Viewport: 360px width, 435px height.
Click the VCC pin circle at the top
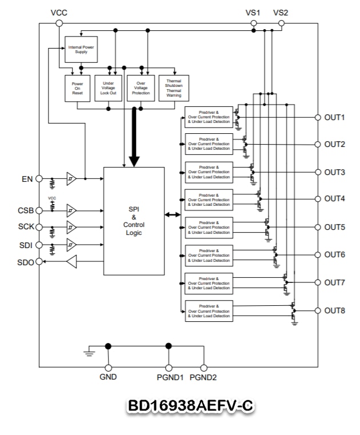(x=59, y=23)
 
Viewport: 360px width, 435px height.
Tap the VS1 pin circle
(x=253, y=23)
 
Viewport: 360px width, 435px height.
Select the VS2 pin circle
(x=281, y=23)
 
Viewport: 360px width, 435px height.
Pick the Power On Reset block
(x=77, y=88)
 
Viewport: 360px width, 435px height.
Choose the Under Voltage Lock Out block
(x=108, y=88)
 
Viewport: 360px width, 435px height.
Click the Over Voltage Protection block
(x=141, y=88)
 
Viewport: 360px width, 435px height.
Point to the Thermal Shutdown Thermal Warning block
(x=174, y=88)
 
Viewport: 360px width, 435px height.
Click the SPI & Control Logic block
(x=134, y=221)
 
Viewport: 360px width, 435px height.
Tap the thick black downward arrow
(x=134, y=137)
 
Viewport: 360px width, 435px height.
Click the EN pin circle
(x=39, y=178)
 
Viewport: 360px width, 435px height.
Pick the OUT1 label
(x=335, y=118)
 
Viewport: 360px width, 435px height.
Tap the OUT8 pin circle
(x=318, y=311)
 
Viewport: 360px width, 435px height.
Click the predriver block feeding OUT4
(x=209, y=199)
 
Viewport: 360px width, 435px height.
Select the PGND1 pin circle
(x=169, y=368)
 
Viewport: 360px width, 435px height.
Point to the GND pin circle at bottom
(x=108, y=368)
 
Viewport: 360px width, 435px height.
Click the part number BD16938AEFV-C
(x=189, y=406)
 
